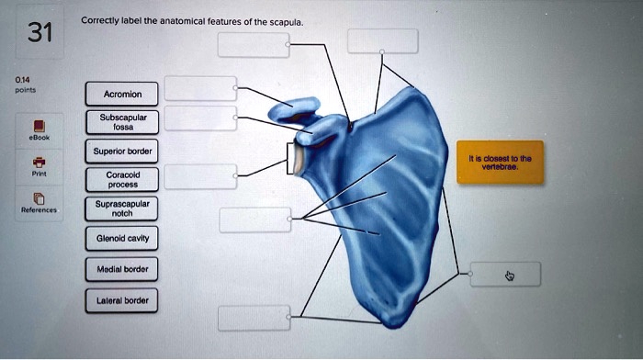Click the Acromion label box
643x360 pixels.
point(122,93)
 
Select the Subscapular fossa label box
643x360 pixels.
point(122,122)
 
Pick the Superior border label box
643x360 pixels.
point(122,151)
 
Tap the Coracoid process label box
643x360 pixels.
point(122,179)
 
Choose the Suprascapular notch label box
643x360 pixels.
point(122,208)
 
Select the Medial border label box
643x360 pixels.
point(122,269)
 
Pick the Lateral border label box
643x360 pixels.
point(122,299)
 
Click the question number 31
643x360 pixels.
point(38,34)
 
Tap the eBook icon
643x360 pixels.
point(38,126)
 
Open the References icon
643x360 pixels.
point(38,198)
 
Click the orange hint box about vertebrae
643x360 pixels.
point(501,163)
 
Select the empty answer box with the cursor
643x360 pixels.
point(505,274)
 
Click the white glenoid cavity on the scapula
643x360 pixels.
point(300,158)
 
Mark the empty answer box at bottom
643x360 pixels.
point(254,318)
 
